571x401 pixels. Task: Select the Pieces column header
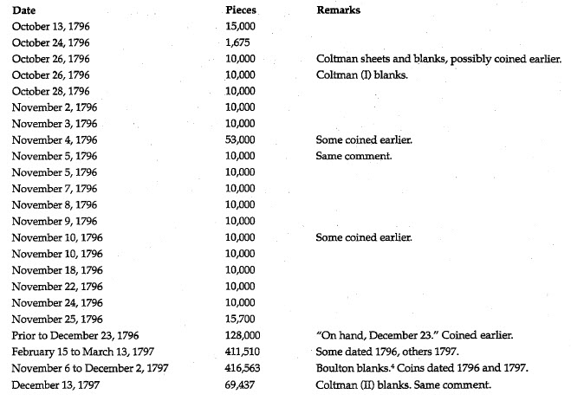click(x=238, y=11)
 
